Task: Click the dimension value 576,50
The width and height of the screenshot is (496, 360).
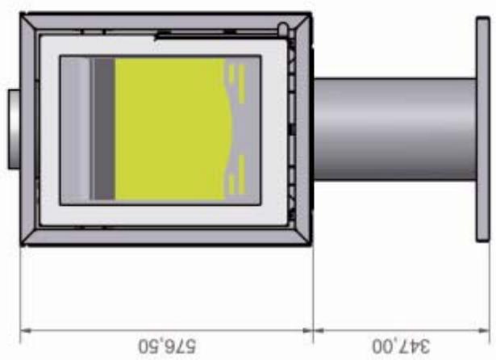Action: click(x=167, y=345)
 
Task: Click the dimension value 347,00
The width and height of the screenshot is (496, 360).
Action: click(x=399, y=345)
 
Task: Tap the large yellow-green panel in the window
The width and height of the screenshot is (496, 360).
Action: click(x=169, y=129)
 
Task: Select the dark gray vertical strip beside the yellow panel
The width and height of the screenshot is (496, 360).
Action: click(x=103, y=129)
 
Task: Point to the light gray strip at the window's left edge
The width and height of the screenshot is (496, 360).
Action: click(x=76, y=129)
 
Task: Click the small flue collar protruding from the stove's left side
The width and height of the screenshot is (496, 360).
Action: click(x=14, y=129)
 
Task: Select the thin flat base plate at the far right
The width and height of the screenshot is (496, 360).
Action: click(x=483, y=129)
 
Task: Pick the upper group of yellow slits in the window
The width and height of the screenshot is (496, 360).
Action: click(x=235, y=76)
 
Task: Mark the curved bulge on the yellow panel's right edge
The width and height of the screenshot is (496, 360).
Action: click(x=229, y=129)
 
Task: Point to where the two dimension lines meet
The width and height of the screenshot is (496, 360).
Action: click(x=313, y=329)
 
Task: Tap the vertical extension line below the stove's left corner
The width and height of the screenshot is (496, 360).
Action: click(x=20, y=291)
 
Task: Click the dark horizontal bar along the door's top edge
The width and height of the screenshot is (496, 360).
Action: click(x=194, y=34)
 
